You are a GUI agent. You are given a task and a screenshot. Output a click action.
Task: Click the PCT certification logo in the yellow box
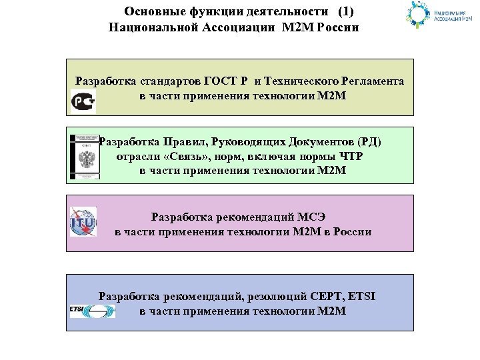pos(83,101)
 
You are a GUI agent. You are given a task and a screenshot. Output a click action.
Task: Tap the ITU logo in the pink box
pos(83,222)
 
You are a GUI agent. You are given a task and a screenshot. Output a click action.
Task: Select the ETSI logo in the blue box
pos(92,311)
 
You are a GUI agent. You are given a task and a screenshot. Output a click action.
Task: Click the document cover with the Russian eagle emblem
pos(85,157)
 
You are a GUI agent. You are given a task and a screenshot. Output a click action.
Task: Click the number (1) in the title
pos(346,12)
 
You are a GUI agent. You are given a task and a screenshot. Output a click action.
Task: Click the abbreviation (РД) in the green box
pos(370,142)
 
